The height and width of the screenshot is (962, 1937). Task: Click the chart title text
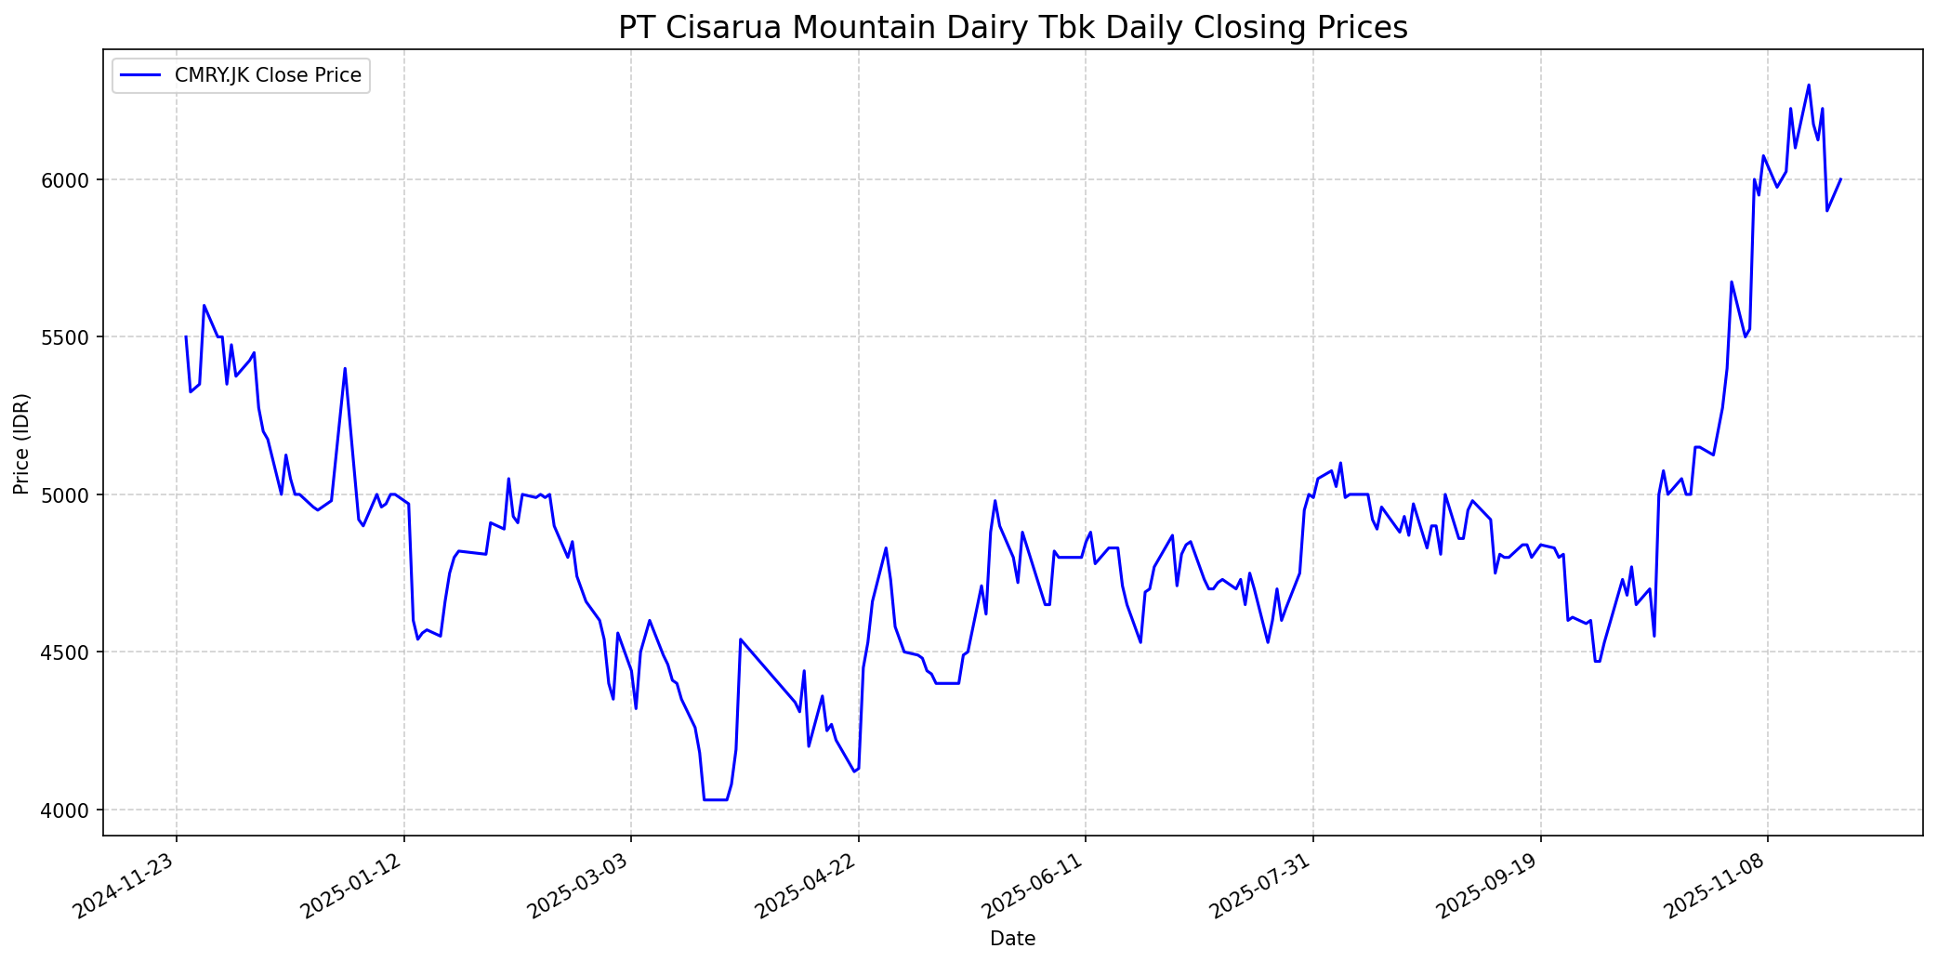click(x=1012, y=28)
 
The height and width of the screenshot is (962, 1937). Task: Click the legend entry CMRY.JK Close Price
click(x=268, y=75)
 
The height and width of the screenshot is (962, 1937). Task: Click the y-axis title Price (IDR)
click(x=22, y=443)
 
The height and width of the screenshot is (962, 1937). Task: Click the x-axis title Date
click(x=1012, y=939)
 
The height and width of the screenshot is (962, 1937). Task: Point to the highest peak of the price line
click(x=1808, y=86)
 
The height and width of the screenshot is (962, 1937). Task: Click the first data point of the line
click(x=186, y=336)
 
